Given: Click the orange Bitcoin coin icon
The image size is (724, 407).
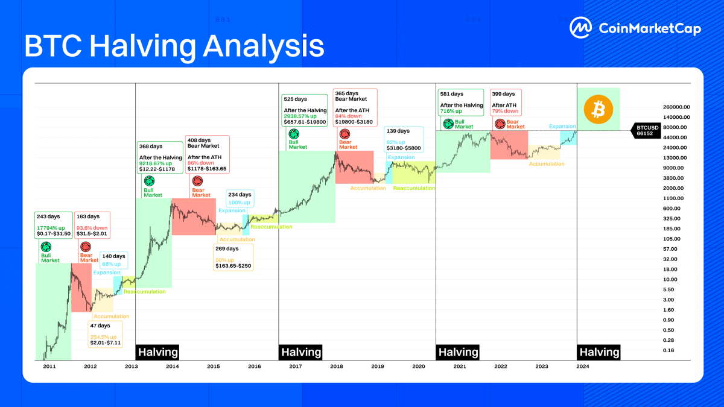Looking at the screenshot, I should click(x=598, y=109).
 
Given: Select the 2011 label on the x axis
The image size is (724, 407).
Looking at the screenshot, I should click(x=49, y=365).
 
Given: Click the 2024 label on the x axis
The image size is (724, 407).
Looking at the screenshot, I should click(x=583, y=365).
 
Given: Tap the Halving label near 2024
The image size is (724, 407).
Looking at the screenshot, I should click(x=599, y=352).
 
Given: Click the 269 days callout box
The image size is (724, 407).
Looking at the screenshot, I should click(x=233, y=257).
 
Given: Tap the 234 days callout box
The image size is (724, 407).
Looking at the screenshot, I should click(x=240, y=199).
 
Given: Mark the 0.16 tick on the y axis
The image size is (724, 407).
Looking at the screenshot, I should click(x=668, y=350).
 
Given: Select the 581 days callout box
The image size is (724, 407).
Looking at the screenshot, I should click(x=462, y=103).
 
